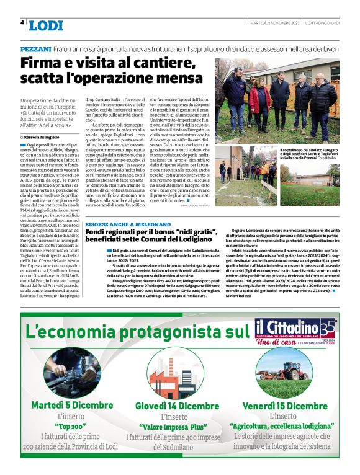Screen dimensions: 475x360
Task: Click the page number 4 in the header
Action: coord(22,23)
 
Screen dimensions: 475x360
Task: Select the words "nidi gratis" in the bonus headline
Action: coord(197,232)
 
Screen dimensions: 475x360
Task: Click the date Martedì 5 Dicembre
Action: coord(70,406)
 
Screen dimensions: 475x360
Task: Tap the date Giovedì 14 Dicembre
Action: coord(178,406)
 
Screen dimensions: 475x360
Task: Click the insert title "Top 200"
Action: coord(70,427)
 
